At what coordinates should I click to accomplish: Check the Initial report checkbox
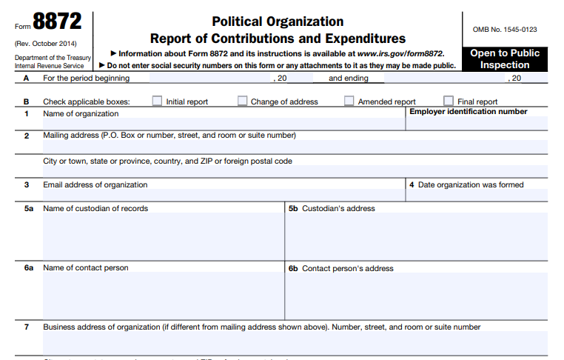[157, 101]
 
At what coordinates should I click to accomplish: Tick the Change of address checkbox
[243, 101]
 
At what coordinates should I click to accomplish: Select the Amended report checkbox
[349, 101]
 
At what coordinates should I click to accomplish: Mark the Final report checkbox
[449, 101]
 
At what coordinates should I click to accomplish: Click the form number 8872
[57, 21]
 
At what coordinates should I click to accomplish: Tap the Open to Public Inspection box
[505, 59]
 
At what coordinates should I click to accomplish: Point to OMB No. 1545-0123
[505, 30]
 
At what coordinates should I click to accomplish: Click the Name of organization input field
[222, 124]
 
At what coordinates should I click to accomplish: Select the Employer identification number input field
[476, 124]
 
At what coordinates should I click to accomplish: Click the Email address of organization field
[222, 196]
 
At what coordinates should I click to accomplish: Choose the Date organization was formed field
[476, 196]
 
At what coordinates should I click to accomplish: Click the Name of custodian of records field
[163, 237]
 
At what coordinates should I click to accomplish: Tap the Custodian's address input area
[416, 237]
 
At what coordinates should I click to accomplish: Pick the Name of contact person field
[163, 296]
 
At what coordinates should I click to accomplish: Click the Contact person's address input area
[416, 296]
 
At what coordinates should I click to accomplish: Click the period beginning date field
[211, 78]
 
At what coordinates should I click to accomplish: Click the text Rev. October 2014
[45, 43]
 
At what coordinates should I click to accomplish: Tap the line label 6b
[293, 268]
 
